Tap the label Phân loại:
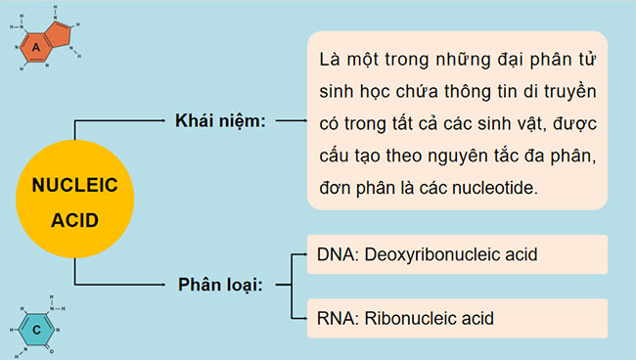coord(223,285)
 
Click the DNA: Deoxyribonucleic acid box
coord(457,254)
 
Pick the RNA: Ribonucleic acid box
coord(457,317)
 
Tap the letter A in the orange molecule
coord(35,46)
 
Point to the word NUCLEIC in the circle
coord(74,186)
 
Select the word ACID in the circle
coord(74,220)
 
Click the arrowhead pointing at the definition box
coord(299,121)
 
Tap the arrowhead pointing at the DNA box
coord(302,254)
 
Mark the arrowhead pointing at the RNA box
coord(302,317)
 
